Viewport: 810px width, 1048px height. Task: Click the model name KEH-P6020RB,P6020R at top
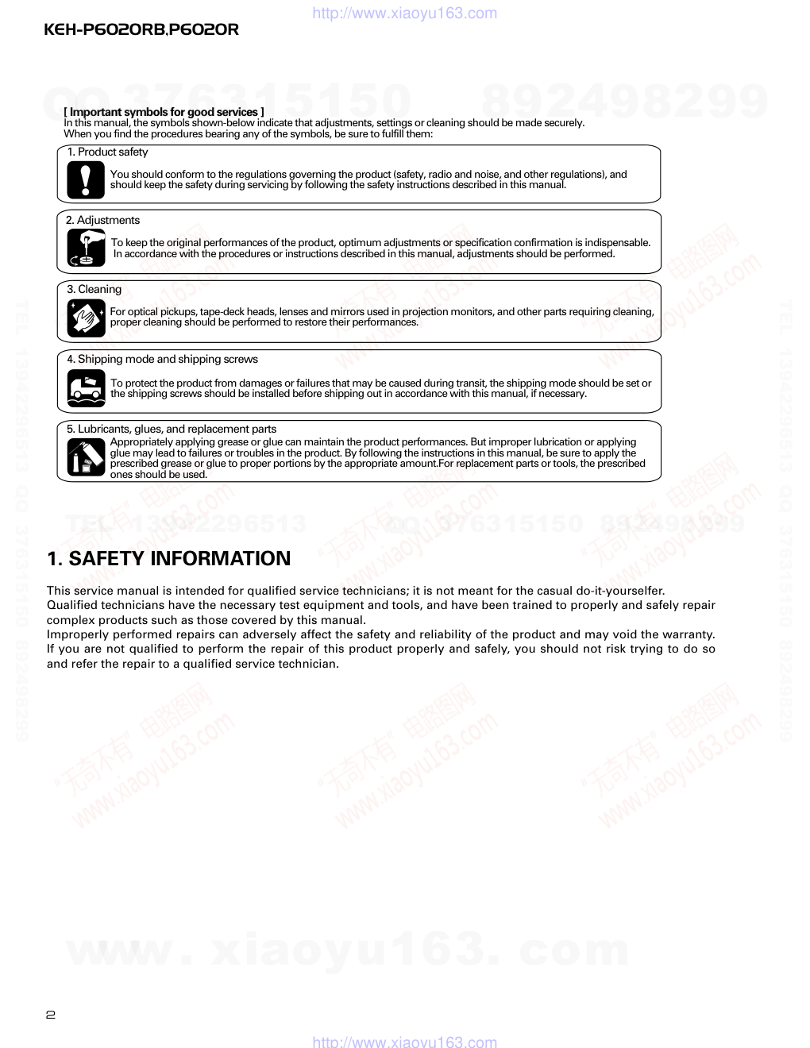(141, 30)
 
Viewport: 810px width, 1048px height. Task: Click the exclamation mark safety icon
(86, 179)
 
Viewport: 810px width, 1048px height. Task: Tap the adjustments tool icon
(86, 248)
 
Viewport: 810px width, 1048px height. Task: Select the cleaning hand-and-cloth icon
(86, 318)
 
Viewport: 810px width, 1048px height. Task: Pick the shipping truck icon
(86, 387)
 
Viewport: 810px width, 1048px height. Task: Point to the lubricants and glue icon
(86, 457)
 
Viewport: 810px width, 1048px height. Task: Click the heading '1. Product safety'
(107, 152)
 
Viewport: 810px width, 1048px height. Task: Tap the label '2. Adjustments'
(102, 220)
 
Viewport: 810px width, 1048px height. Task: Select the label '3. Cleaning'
(94, 289)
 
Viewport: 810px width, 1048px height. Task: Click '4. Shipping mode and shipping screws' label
(162, 359)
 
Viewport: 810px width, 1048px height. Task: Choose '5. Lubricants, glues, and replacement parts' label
(172, 429)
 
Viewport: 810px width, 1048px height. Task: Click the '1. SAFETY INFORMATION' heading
(168, 558)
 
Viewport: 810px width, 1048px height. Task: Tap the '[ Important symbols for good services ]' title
(164, 112)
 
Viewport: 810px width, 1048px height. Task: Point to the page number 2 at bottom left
(51, 1014)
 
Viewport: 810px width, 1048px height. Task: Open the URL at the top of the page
(405, 13)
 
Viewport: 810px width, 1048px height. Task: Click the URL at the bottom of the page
(405, 1042)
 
